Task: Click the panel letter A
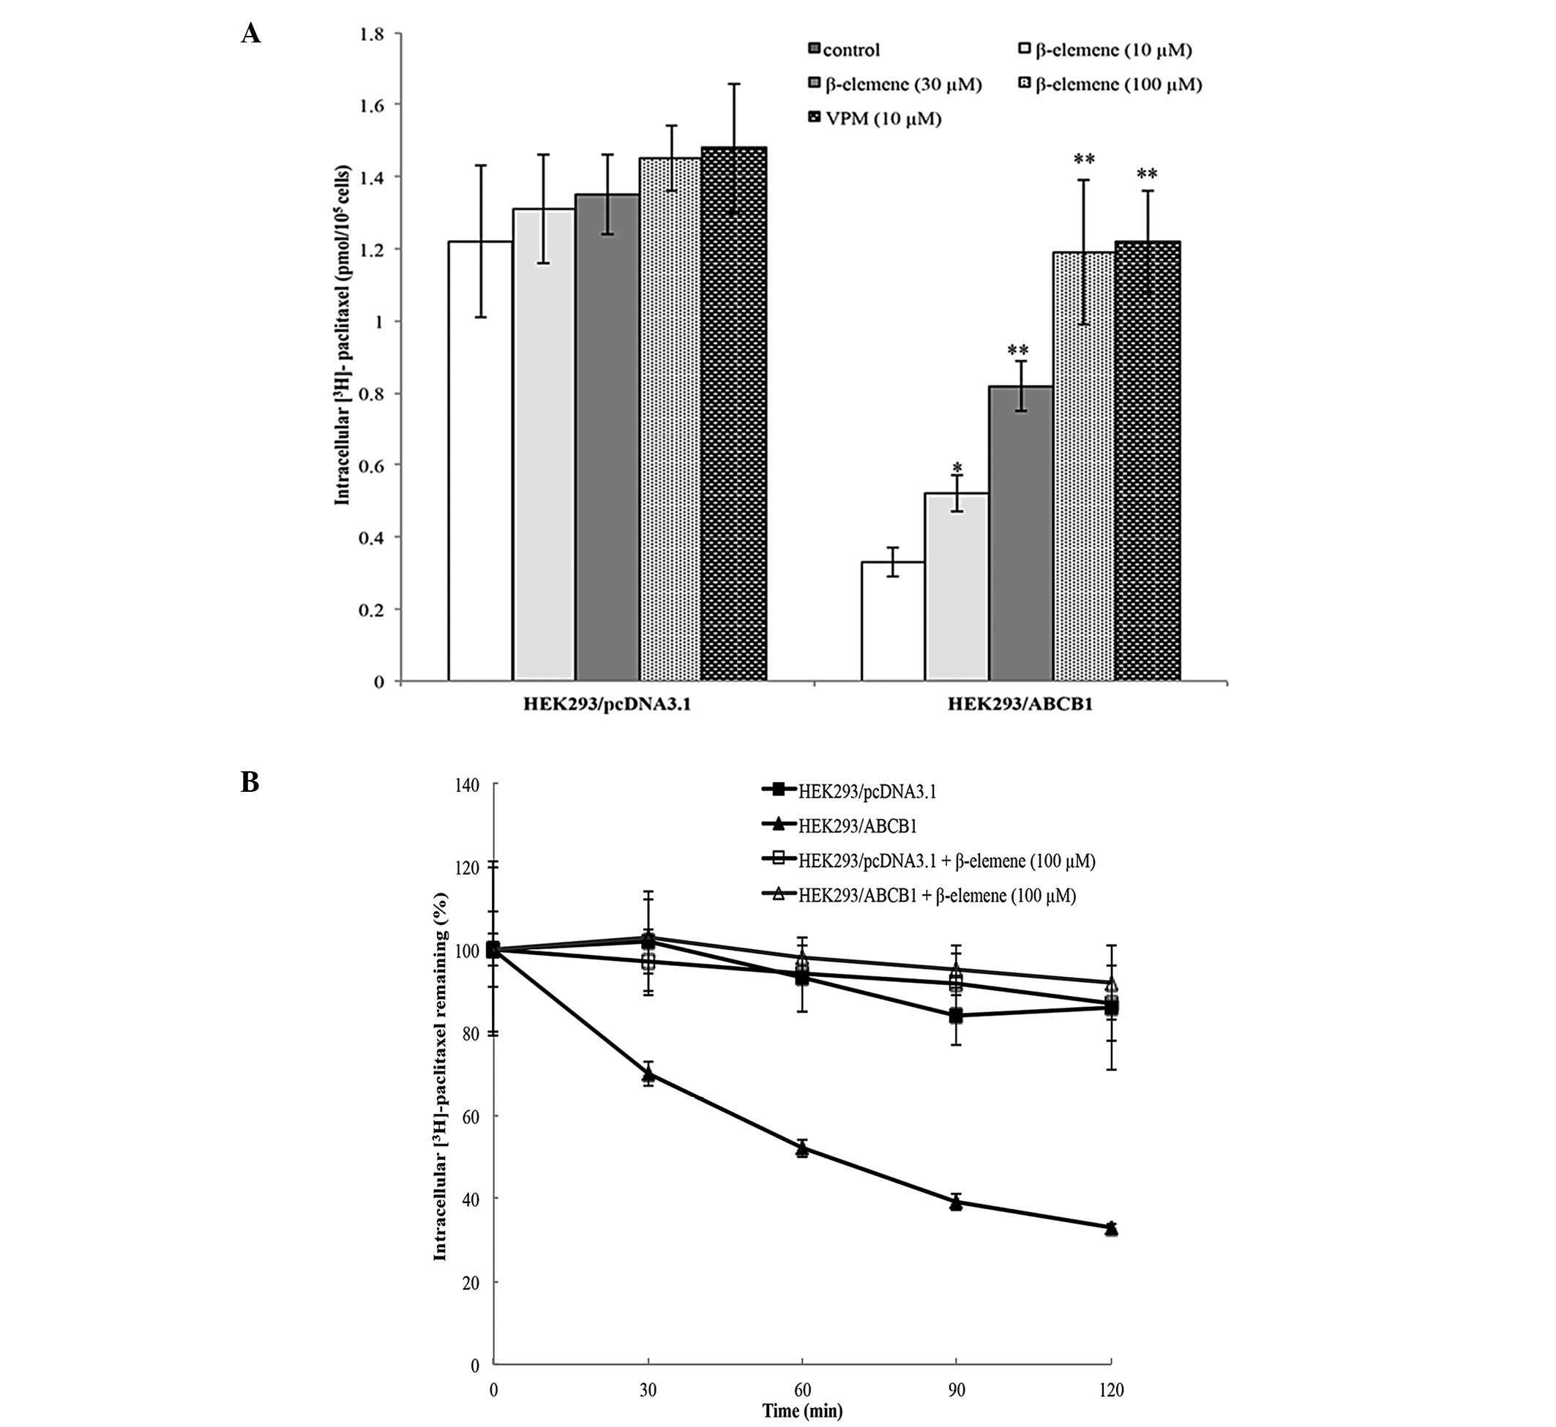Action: pyautogui.click(x=250, y=34)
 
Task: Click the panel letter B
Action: pyautogui.click(x=250, y=782)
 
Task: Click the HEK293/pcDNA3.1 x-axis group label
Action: pyautogui.click(x=607, y=704)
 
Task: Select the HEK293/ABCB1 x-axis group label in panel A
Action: pyautogui.click(x=1020, y=704)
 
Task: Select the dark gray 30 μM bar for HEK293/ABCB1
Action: pyautogui.click(x=1021, y=533)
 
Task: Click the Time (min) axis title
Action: pyautogui.click(x=802, y=1411)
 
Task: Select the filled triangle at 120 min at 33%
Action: pyautogui.click(x=1111, y=1228)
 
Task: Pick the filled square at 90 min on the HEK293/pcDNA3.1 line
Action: pyautogui.click(x=957, y=1016)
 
